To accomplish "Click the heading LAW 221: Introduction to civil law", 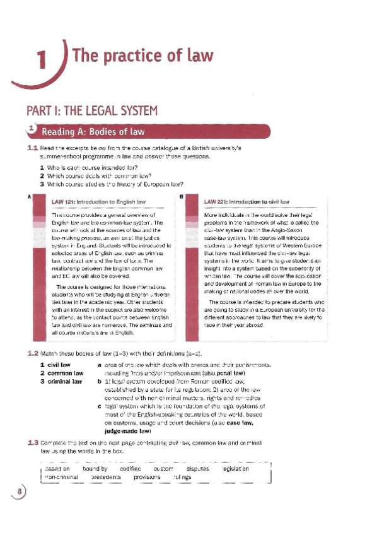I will click(247, 202).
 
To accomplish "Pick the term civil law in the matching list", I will click(55, 365).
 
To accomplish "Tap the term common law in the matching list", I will click(61, 373).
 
